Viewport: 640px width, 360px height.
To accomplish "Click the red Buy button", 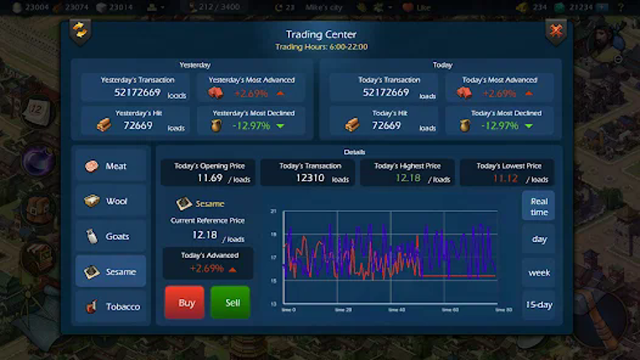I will (x=185, y=302).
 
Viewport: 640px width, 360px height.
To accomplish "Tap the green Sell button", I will (x=231, y=302).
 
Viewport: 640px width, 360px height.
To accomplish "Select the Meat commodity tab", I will (x=110, y=166).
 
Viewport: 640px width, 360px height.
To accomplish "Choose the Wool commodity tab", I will (x=110, y=201).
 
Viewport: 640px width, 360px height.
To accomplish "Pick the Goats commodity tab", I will (x=110, y=236).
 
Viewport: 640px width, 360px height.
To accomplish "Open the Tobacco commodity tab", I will (x=110, y=306).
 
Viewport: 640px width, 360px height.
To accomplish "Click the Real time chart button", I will (x=539, y=206).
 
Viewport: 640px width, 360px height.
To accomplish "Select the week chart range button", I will (x=539, y=272).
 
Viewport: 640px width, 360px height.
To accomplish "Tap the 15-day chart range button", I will (x=539, y=305).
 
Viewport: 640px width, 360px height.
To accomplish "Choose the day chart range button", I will (x=539, y=239).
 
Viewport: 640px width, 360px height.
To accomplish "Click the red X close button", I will (x=555, y=31).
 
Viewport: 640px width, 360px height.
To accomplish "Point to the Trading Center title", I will (x=321, y=34).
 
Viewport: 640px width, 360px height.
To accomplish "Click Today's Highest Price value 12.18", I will (x=408, y=178).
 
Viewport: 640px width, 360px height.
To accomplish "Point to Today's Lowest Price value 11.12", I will (x=505, y=178).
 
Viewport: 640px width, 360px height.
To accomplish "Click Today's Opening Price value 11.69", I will (x=209, y=178).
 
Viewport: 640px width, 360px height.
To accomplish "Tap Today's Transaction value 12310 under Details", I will (x=308, y=178).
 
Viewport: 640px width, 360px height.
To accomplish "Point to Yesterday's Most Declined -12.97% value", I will (x=251, y=126).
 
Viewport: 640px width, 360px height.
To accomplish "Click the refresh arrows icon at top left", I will (x=80, y=30).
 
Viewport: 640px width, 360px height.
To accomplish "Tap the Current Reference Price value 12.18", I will (x=205, y=235).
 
